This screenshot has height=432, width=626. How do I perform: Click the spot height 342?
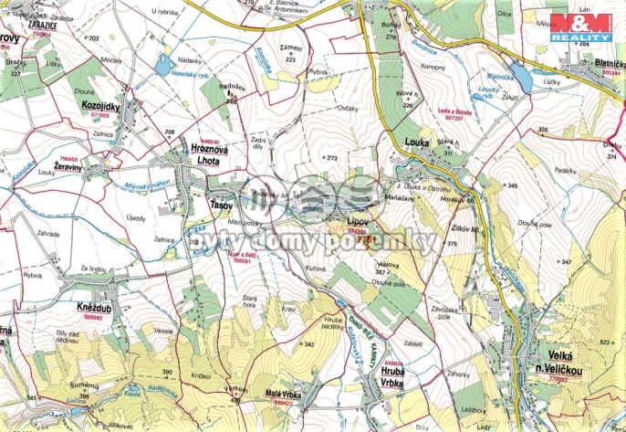pos(308,344)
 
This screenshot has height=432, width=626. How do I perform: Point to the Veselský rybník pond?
pos(165,64)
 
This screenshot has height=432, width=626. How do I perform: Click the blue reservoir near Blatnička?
pos(520,74)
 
